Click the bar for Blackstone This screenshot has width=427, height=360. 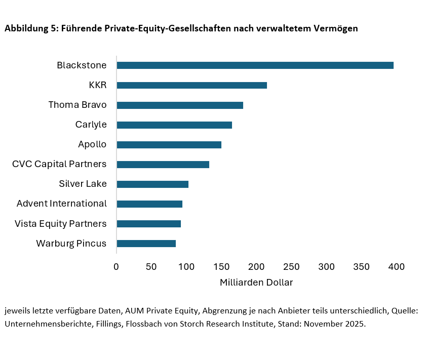tap(255, 65)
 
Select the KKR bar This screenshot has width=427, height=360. tap(191, 85)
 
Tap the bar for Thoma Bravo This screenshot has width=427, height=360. tap(180, 105)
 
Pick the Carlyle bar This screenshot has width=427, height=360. tap(174, 125)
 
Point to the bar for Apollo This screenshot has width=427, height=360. tap(169, 144)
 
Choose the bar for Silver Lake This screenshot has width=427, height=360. tap(152, 184)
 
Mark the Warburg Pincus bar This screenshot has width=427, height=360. tap(146, 244)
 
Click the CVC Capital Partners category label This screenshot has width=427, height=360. tap(59, 164)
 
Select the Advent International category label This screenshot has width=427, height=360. tap(61, 204)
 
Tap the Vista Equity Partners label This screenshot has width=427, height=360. tap(60, 223)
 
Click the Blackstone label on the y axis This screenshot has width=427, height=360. tap(82, 65)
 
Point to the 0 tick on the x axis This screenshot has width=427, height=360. tap(117, 266)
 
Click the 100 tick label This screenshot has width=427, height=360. tap(186, 266)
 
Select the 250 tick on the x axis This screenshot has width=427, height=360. tap(292, 266)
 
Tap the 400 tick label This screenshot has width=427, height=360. tap(397, 266)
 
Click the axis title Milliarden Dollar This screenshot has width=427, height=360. tap(256, 283)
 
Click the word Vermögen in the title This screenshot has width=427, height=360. tap(337, 29)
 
